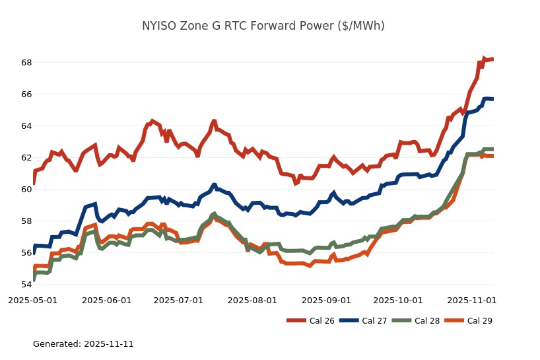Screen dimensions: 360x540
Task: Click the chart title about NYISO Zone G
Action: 263,26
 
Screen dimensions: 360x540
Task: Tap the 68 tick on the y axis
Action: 26,62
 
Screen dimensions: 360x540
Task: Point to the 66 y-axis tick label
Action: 26,94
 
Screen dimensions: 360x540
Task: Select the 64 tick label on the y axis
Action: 26,126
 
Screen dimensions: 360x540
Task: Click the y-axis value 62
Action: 26,157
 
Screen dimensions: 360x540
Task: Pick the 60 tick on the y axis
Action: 26,189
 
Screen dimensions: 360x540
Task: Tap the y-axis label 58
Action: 26,221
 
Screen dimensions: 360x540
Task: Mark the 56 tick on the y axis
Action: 26,252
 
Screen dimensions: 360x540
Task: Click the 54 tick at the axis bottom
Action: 26,284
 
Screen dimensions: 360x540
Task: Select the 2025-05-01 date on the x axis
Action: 32,300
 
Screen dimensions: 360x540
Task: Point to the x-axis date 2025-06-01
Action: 106,300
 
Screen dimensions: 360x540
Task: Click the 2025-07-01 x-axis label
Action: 178,300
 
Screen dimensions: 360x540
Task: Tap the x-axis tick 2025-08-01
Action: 252,300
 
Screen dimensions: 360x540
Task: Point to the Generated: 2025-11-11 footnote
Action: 83,344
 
